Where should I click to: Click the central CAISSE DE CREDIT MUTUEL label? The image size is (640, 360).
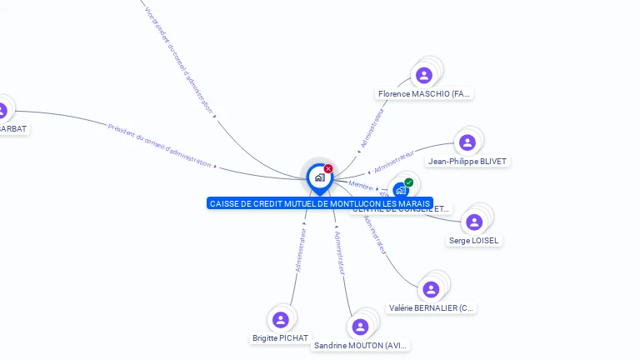[320, 203]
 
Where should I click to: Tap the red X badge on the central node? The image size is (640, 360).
[328, 169]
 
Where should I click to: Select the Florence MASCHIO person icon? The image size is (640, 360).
[424, 76]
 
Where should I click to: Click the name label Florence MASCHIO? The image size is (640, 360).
[425, 94]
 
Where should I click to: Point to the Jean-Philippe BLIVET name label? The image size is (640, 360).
[467, 161]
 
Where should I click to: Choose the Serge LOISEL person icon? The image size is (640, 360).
[474, 222]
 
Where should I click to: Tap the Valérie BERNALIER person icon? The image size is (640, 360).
[431, 289]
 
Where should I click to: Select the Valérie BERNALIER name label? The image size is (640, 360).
[432, 307]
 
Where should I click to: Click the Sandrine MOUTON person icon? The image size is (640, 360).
[360, 327]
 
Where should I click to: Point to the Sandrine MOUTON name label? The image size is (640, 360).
[361, 345]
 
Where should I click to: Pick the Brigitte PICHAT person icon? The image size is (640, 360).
[281, 319]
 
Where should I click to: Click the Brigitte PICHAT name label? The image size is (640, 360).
[280, 338]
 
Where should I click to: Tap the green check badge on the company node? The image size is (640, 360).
[408, 182]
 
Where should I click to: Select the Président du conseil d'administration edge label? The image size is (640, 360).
[159, 144]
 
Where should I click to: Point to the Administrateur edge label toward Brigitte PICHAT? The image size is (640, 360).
[301, 249]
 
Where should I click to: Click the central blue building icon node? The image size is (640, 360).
[319, 177]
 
